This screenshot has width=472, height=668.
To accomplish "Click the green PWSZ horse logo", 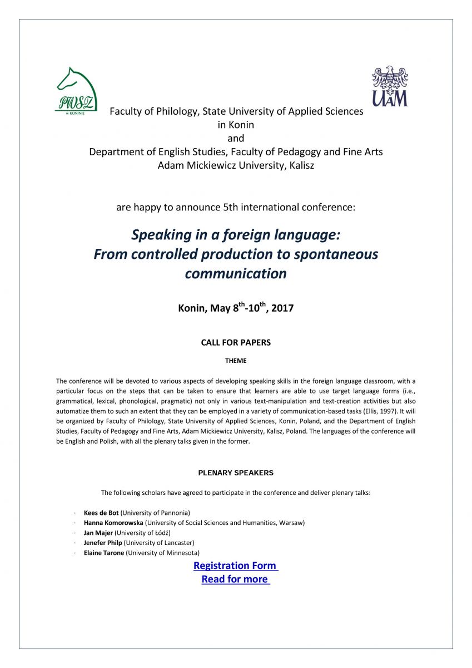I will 76,90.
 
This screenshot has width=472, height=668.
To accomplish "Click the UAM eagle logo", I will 389,86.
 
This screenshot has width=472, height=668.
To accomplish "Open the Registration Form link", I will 235,566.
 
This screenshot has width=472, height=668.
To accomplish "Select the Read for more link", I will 235,579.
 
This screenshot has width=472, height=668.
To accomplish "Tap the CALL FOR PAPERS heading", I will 236,342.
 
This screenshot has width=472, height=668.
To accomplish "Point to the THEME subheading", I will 236,361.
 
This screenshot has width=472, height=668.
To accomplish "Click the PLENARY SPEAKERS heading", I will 236,473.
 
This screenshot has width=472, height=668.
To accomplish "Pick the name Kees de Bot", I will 101,512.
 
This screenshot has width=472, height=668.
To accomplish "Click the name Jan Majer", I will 98,533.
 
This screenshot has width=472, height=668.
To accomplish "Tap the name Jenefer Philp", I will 103,543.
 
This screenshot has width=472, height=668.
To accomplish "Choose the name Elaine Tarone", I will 104,553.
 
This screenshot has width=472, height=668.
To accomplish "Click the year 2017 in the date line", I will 282,308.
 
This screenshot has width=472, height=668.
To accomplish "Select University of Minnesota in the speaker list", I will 163,553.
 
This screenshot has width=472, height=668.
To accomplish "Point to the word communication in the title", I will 236,274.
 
